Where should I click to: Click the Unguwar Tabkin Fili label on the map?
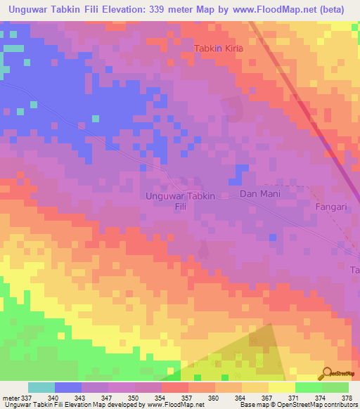tap(189, 201)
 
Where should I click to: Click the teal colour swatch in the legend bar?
tap(41, 387)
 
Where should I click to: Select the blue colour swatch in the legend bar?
tap(68, 387)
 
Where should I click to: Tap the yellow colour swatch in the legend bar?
tap(281, 387)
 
